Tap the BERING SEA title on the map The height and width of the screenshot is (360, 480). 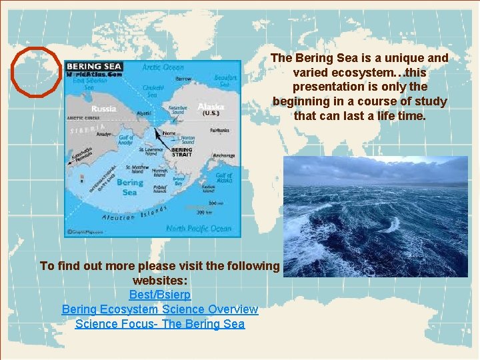(94, 66)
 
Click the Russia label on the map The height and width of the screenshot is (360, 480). (103, 109)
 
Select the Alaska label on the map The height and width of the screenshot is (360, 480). (211, 107)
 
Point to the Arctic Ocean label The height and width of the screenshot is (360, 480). (163, 67)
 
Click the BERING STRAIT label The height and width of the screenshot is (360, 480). (182, 153)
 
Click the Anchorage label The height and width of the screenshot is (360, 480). (223, 157)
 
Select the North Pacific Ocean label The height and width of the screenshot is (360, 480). (199, 228)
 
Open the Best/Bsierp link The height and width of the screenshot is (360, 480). (160, 295)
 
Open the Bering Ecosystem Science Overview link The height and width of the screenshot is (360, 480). (160, 309)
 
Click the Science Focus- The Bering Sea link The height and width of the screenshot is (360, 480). (160, 324)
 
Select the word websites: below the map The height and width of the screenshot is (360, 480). (159, 280)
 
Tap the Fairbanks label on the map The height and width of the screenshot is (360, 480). (220, 130)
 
